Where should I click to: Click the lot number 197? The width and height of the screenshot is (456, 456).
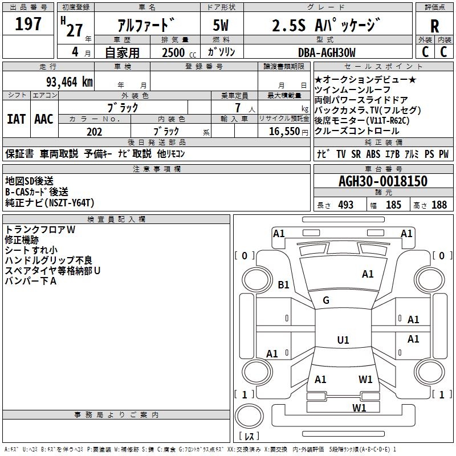coord(28,23)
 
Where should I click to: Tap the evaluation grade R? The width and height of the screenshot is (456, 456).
coord(434,26)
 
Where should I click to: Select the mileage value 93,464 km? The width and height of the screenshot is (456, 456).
coord(69,82)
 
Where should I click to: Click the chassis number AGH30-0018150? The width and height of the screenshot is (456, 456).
coord(383,181)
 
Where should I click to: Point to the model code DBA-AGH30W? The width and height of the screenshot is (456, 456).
coord(327,52)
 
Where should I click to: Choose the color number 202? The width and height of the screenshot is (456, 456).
coord(94,132)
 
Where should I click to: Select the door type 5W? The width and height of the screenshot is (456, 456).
coord(221,25)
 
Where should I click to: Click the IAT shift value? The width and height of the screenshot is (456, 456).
coord(16,119)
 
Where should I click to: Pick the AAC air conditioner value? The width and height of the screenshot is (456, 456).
coord(44,119)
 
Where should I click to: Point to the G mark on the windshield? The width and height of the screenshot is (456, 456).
coord(326,300)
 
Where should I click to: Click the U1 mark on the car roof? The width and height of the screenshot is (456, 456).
coord(343,340)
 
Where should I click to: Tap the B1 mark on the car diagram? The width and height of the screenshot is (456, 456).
coord(283,284)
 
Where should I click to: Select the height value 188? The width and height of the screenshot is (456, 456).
coord(439,205)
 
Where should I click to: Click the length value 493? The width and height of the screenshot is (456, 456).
coord(346,205)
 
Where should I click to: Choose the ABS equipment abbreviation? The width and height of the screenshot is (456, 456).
coord(373,154)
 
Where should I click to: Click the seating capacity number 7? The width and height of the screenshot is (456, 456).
coord(238,108)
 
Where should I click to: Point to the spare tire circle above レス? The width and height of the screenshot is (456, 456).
coord(249,416)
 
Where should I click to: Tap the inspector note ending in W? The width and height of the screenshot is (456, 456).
coord(40,230)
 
